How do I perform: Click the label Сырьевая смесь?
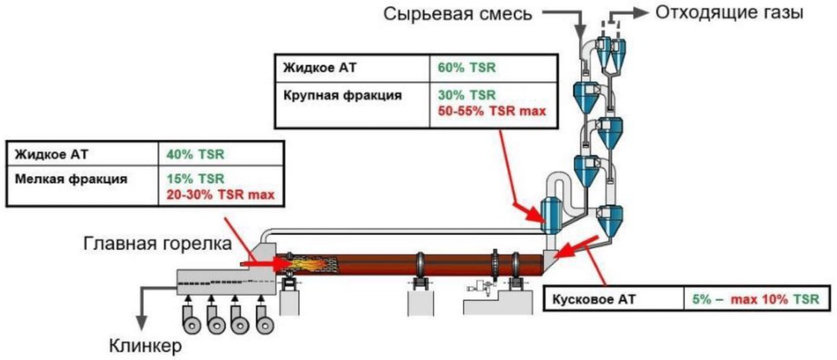[458, 14]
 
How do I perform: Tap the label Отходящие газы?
[729, 13]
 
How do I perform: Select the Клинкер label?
[145, 346]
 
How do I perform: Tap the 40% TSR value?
[196, 155]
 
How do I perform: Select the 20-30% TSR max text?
[221, 194]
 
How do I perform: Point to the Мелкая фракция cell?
[71, 179]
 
